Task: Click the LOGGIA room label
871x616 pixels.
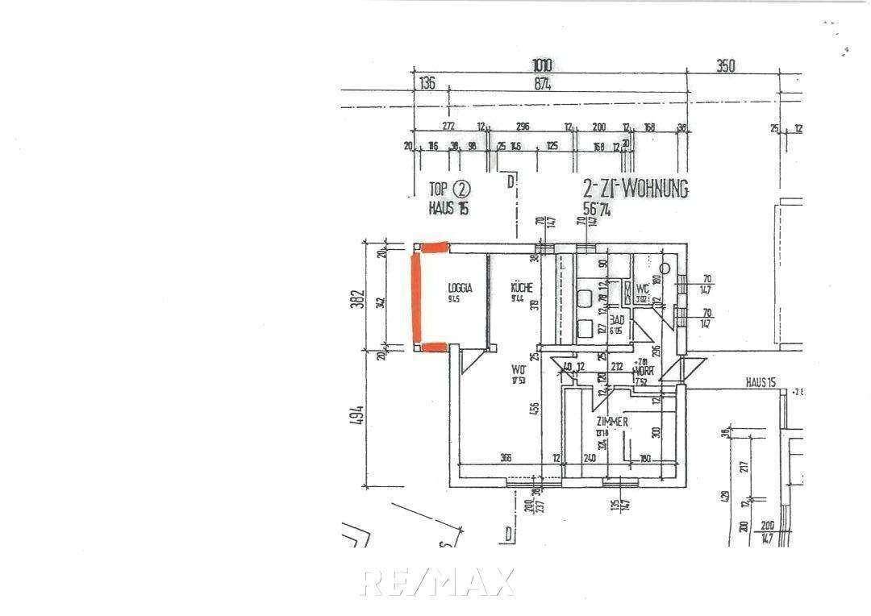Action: tap(460, 288)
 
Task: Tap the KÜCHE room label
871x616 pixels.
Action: tap(522, 288)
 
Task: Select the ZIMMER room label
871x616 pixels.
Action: tap(612, 422)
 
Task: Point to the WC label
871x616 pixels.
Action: tap(643, 289)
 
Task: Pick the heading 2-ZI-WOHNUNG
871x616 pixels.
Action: tap(636, 189)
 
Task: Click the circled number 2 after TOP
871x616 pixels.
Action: tap(461, 190)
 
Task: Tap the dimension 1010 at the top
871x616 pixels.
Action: tap(543, 66)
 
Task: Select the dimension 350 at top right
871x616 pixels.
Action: tap(726, 67)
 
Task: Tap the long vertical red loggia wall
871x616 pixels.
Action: tap(415, 298)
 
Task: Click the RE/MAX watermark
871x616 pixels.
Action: tap(438, 581)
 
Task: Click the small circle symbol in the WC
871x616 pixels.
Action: tap(666, 268)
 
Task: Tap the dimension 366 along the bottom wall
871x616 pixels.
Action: tap(506, 459)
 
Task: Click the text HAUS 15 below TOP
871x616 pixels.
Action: tap(449, 208)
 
